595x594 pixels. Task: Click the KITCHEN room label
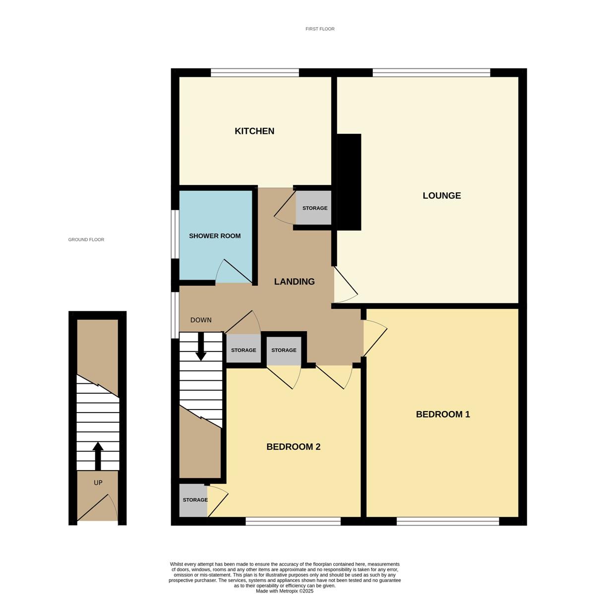tap(254, 131)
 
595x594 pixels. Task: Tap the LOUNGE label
tap(441, 195)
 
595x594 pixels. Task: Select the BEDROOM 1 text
tap(442, 414)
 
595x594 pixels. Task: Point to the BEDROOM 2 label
tap(293, 447)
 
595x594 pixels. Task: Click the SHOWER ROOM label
tap(215, 236)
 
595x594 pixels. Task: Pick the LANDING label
tap(294, 282)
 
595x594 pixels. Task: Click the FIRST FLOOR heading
tap(320, 29)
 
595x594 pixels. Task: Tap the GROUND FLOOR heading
tap(86, 239)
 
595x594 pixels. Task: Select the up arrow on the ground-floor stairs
tap(98, 456)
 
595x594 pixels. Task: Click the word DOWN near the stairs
tap(201, 320)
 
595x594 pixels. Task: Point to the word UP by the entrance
tap(98, 482)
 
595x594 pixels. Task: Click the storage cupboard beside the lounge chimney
tap(313, 208)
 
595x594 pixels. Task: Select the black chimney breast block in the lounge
tap(349, 182)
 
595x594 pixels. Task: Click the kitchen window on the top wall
tap(255, 72)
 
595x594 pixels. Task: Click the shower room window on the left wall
tap(175, 234)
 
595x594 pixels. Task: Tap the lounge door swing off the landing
tap(346, 285)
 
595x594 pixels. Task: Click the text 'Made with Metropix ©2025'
tap(285, 591)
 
